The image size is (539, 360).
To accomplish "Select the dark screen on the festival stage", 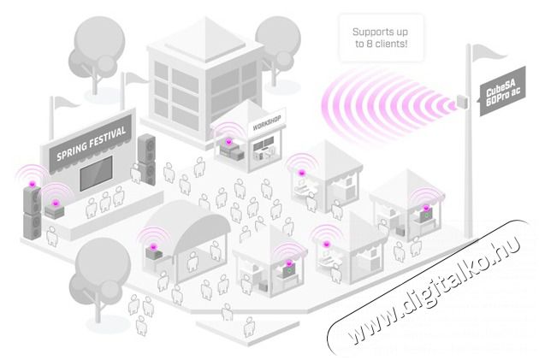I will (x=103, y=172).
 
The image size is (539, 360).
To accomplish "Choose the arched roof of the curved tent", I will (x=184, y=219).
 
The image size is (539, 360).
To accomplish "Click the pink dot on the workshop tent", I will (x=228, y=141).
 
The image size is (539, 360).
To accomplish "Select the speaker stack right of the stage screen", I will (x=146, y=158).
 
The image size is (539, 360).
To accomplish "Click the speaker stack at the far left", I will (x=33, y=210).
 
